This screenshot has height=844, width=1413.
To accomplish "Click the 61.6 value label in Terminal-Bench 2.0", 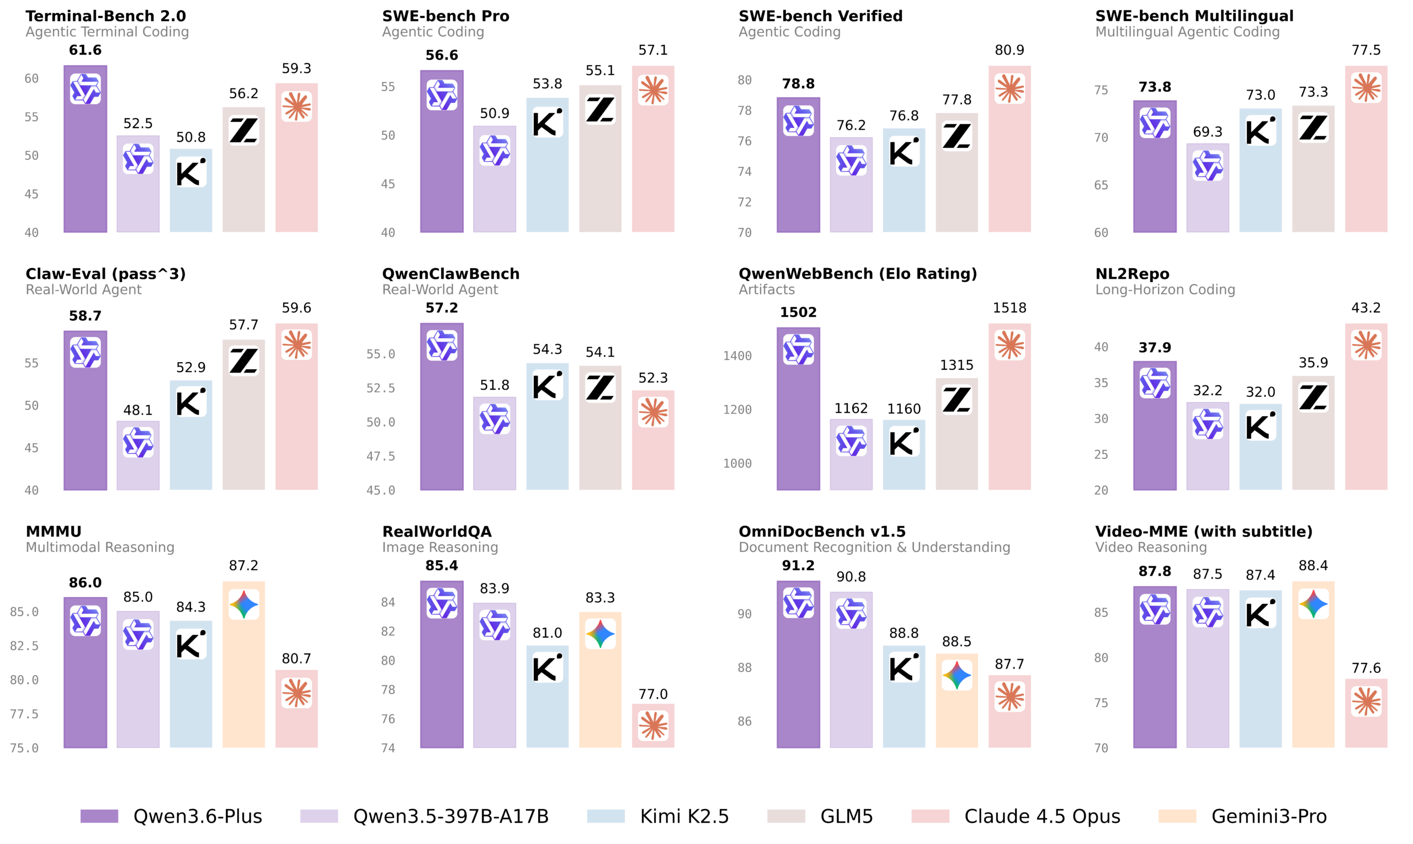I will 86,50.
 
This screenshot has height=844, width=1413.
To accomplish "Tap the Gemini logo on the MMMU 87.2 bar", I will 244,604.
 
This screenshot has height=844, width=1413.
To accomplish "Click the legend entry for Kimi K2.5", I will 684,816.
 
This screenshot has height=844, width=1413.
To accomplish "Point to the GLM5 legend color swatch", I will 786,816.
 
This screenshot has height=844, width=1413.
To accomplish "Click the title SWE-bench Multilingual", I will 1194,16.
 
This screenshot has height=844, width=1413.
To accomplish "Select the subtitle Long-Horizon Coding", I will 1165,289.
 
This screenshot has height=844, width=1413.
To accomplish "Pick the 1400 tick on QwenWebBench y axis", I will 737,356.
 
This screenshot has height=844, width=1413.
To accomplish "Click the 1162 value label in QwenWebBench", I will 851,408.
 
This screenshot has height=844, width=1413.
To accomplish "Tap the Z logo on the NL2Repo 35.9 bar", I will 1313,397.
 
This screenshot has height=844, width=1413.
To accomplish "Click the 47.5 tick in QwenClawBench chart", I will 380,456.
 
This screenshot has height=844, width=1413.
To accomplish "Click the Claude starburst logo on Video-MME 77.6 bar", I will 1367,701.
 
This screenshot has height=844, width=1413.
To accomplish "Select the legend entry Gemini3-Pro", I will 1268,816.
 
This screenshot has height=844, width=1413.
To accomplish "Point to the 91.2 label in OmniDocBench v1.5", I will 798,565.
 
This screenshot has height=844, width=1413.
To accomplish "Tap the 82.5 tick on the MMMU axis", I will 24,646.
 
